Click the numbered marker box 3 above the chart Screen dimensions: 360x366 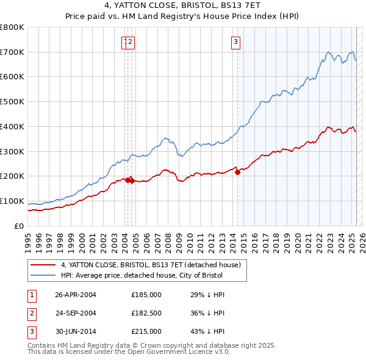pyautogui.click(x=235, y=42)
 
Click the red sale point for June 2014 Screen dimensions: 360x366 pyautogui.click(x=238, y=173)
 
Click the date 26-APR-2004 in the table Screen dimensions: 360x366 pyautogui.click(x=76, y=295)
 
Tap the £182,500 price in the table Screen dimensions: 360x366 pyautogui.click(x=146, y=313)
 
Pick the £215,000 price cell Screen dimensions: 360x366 pyautogui.click(x=146, y=331)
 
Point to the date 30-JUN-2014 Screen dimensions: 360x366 pyautogui.click(x=76, y=331)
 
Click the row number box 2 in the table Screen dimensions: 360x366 pyautogui.click(x=31, y=313)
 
